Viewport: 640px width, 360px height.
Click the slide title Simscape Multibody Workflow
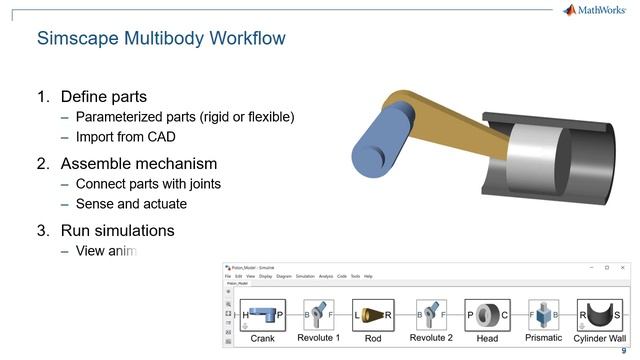161,39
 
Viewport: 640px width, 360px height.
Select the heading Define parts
104,97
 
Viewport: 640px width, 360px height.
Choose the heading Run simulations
117,230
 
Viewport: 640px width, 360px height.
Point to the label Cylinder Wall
599,339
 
